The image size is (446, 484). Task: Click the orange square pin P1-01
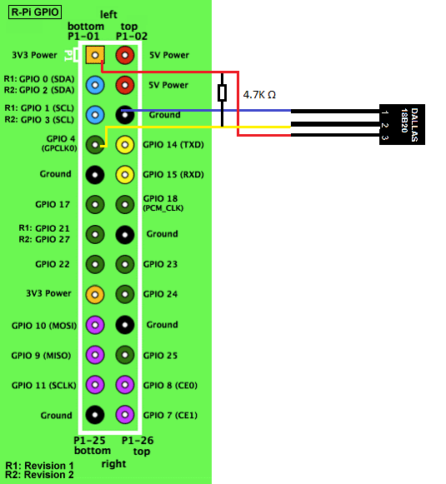coord(95,55)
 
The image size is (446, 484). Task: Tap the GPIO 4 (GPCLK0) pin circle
coord(95,144)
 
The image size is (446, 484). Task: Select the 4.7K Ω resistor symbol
coord(222,92)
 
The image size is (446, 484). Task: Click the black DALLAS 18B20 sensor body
coord(402,124)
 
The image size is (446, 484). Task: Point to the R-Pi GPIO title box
coord(35,12)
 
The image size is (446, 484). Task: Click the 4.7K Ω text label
coord(259,94)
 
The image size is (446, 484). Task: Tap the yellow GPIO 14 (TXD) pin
coord(125,144)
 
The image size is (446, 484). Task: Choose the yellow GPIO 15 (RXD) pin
coord(125,175)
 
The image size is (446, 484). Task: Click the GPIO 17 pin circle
coord(95,204)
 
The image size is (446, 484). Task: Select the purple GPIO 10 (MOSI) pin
coord(95,325)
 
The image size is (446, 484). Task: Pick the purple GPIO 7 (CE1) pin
coord(125,415)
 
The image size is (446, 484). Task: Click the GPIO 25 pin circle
coord(125,355)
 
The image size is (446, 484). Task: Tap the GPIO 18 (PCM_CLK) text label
coord(163,203)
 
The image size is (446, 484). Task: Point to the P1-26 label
coord(138,441)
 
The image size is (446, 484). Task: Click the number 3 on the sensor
coord(384,137)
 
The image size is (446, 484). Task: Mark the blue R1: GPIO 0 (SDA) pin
coord(95,85)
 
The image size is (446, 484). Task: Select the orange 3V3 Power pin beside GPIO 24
coord(95,294)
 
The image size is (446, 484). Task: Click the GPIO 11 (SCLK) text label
coord(44,385)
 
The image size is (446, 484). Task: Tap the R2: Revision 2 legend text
coord(39,475)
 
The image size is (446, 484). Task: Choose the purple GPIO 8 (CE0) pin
coord(125,385)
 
